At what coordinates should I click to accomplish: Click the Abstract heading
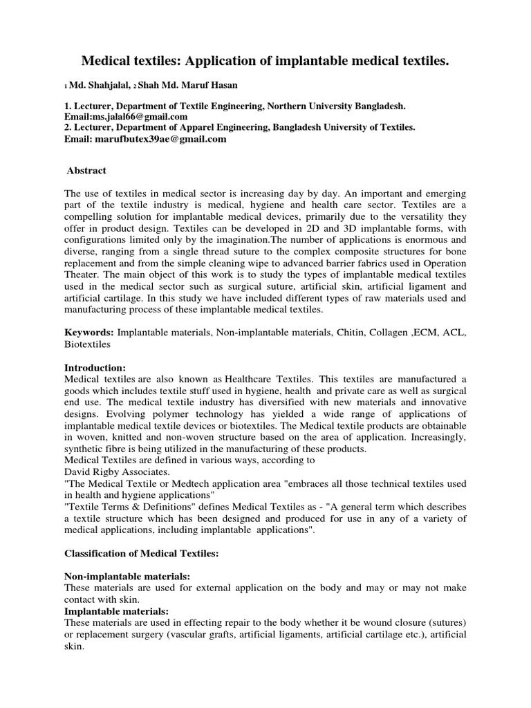click(86, 171)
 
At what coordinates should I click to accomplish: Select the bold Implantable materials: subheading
click(116, 611)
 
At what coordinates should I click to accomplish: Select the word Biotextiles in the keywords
click(88, 344)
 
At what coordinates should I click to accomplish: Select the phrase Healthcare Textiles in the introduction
click(268, 379)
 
